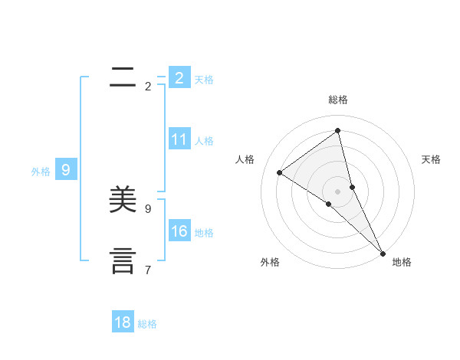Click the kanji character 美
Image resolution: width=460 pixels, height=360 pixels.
[x=124, y=200]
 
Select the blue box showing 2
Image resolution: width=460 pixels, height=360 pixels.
[x=179, y=77]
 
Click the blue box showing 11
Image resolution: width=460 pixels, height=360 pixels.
[x=179, y=139]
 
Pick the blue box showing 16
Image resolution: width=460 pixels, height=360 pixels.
[x=179, y=231]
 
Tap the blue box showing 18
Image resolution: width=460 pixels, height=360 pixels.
[x=123, y=322]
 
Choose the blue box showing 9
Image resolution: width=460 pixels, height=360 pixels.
[x=66, y=170]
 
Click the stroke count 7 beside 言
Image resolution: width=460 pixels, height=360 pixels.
[x=148, y=270]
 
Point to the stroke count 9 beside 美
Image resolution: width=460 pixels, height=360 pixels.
[x=148, y=208]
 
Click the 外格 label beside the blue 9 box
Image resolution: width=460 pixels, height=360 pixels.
[x=41, y=172]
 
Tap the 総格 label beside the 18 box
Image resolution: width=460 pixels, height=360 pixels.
[x=147, y=324]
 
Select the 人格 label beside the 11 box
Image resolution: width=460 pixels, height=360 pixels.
[x=204, y=141]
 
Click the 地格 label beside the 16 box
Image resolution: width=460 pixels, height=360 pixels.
[x=204, y=233]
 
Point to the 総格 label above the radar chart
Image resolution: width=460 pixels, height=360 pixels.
[x=338, y=100]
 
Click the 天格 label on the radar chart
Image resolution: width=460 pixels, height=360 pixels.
[x=432, y=159]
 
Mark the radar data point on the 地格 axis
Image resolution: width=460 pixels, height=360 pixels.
[x=383, y=253]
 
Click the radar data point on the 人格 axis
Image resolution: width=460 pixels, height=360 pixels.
[x=279, y=172]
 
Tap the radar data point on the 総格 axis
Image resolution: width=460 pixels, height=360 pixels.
[x=338, y=131]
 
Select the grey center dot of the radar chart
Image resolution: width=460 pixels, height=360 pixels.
[x=338, y=191]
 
